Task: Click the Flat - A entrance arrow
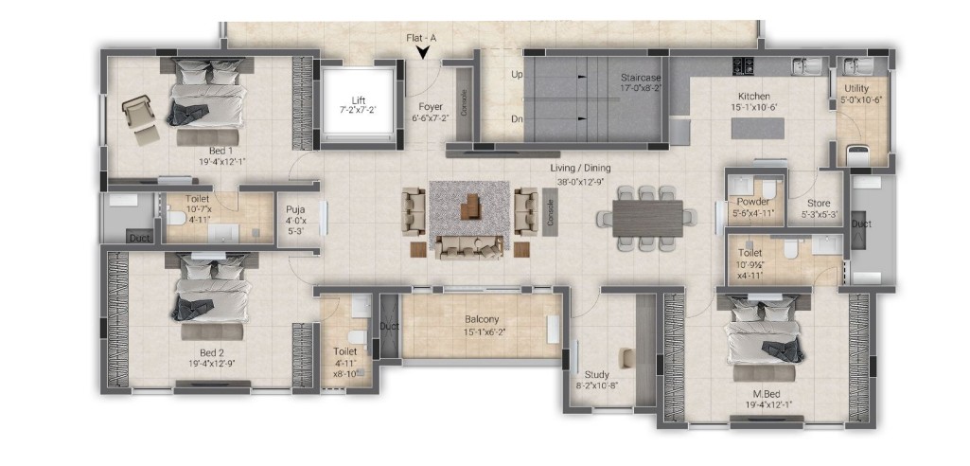pos(423,53)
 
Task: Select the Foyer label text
pos(430,106)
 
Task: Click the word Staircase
pos(642,78)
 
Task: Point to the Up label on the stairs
pos(517,74)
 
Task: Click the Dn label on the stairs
pos(517,119)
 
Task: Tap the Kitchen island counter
pos(758,128)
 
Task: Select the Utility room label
pos(856,89)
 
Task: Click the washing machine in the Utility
pos(858,155)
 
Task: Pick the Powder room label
pos(753,203)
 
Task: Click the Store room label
pos(819,204)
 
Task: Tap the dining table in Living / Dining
pos(647,218)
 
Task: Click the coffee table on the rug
pos(470,206)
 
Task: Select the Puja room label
pos(291,208)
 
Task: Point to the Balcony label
pos(482,320)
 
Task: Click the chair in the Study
pos(626,358)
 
